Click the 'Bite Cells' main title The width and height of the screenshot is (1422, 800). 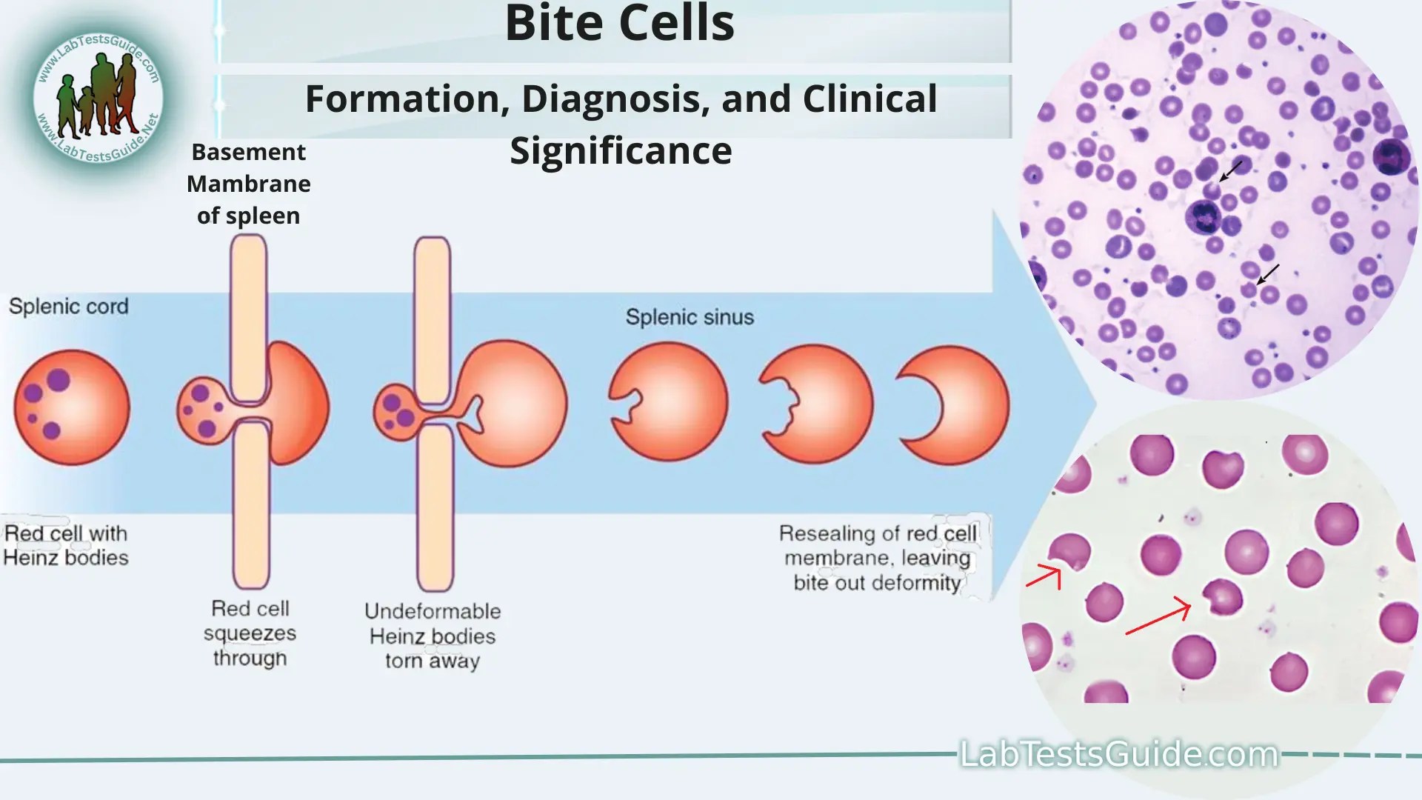click(619, 24)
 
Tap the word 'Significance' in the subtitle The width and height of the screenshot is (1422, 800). click(621, 151)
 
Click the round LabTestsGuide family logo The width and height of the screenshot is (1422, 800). click(99, 96)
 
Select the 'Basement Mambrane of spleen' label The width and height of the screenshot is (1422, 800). click(249, 184)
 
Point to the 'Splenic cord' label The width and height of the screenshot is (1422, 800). click(68, 307)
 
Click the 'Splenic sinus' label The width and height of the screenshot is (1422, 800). click(690, 317)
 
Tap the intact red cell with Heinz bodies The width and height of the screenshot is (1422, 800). click(72, 407)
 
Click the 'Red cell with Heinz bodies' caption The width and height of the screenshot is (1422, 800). click(66, 545)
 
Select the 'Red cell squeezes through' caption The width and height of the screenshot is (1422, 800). click(250, 633)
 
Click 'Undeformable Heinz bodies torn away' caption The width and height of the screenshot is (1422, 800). click(433, 636)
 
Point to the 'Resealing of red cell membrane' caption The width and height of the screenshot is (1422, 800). click(878, 558)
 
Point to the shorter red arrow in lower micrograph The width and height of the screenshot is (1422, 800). click(1044, 576)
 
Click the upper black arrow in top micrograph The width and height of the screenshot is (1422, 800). click(1231, 171)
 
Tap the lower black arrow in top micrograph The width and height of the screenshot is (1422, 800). click(1268, 274)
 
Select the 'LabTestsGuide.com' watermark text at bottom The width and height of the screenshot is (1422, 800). click(1118, 754)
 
